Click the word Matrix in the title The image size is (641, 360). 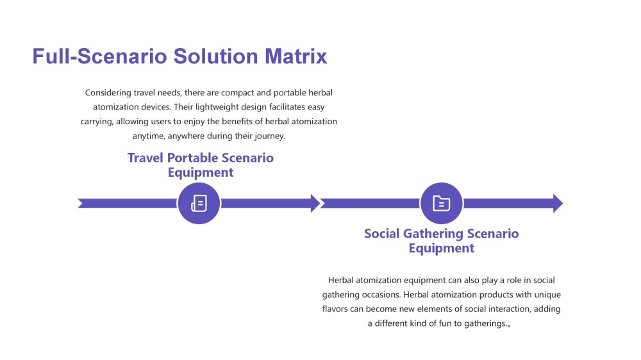[296, 56]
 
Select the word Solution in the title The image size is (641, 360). [216, 56]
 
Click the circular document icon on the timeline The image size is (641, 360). [199, 203]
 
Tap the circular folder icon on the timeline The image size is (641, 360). [442, 203]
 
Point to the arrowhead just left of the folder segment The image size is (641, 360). [315, 203]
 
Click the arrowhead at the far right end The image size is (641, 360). [558, 203]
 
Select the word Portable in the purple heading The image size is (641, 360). [192, 158]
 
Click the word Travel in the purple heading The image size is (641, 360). [145, 158]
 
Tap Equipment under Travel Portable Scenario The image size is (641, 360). [201, 172]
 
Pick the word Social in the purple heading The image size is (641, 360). [382, 233]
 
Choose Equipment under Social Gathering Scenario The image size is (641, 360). [442, 248]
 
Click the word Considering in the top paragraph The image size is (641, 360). [108, 93]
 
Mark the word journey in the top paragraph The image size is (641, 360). [270, 136]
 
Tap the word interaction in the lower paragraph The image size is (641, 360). [508, 309]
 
